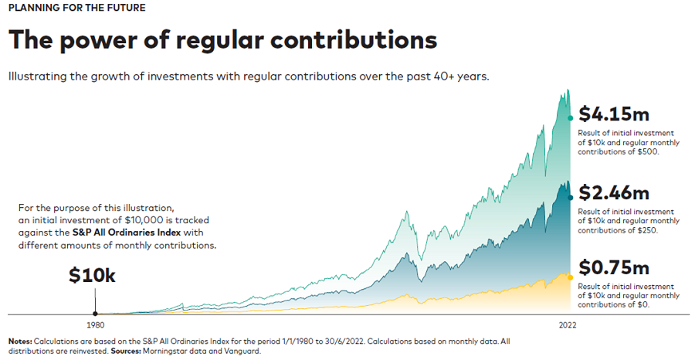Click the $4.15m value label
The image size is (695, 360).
pyautogui.click(x=614, y=114)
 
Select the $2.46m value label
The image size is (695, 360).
pyautogui.click(x=614, y=192)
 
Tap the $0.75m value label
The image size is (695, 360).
pyautogui.click(x=614, y=268)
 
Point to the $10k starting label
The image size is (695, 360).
pyautogui.click(x=92, y=275)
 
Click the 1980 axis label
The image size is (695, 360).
pyautogui.click(x=95, y=325)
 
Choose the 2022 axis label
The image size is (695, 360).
pyautogui.click(x=568, y=325)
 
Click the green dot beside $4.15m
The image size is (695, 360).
pyautogui.click(x=571, y=117)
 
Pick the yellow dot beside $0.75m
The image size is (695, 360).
pyautogui.click(x=571, y=277)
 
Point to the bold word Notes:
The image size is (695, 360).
pyautogui.click(x=20, y=341)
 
